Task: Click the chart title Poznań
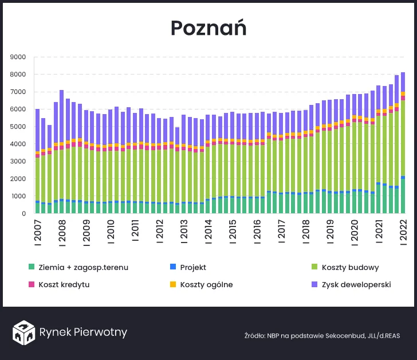[x=208, y=28]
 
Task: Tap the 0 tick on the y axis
[x=23, y=214]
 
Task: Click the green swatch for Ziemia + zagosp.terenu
[x=32, y=267]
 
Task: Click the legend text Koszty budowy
[x=350, y=267]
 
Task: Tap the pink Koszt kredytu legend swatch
[x=32, y=284]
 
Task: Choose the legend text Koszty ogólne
[x=206, y=284]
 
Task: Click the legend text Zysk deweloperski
[x=356, y=284]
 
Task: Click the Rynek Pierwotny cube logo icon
[x=24, y=332]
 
